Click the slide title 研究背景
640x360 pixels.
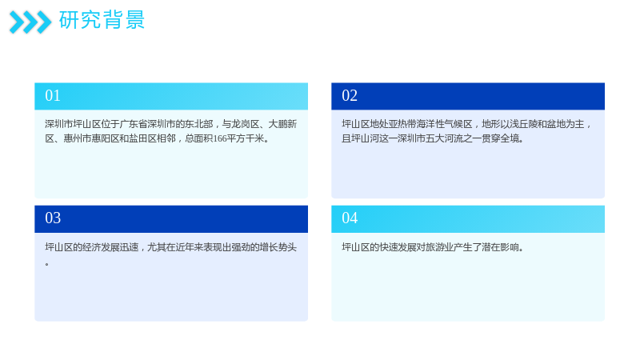[102, 20]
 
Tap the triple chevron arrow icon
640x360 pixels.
[30, 22]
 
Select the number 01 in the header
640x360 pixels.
[53, 95]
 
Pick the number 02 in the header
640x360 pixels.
[350, 95]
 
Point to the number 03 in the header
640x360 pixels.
[53, 218]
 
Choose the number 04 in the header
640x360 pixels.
[350, 218]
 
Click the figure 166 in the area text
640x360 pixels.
[219, 138]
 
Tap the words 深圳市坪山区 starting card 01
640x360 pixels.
[73, 124]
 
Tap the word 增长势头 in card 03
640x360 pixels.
[278, 247]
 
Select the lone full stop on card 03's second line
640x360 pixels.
[47, 264]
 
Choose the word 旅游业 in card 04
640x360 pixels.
[439, 247]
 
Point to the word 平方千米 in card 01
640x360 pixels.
[246, 138]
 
